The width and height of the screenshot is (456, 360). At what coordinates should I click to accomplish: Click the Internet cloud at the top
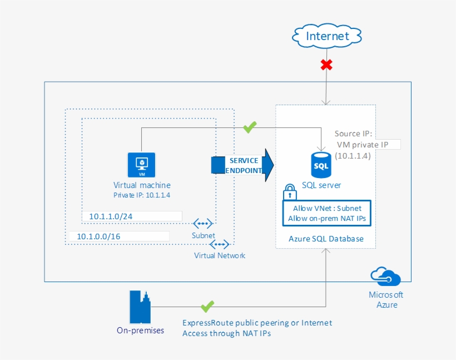327,36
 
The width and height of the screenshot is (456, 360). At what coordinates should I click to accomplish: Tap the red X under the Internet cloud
326,65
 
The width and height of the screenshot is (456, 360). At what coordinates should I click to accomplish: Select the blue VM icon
142,165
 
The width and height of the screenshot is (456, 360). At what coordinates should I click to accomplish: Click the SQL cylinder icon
321,165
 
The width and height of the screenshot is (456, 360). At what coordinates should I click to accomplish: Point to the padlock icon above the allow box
290,192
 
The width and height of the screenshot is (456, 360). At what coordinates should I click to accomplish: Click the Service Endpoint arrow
242,165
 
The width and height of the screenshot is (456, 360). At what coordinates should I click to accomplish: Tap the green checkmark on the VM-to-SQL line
250,127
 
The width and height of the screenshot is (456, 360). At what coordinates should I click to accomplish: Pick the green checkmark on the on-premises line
207,307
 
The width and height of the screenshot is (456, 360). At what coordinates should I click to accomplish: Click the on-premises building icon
140,307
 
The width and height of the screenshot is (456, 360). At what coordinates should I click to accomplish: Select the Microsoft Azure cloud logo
385,276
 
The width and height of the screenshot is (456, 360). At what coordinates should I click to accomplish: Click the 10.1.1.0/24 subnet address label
111,216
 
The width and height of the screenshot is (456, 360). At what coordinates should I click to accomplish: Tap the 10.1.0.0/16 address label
98,236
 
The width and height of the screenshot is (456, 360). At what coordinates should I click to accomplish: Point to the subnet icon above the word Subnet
203,224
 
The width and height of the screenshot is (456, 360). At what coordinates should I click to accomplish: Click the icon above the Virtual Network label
220,244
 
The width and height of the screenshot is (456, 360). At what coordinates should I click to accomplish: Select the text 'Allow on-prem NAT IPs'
327,218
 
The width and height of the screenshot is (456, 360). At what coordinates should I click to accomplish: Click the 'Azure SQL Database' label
326,239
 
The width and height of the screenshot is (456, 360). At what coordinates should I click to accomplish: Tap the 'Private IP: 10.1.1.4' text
142,195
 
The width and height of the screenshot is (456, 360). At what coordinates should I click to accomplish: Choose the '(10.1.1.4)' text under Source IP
353,156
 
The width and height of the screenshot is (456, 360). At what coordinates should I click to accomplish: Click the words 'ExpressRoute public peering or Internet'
257,323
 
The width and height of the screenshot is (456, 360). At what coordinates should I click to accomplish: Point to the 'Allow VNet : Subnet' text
327,208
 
